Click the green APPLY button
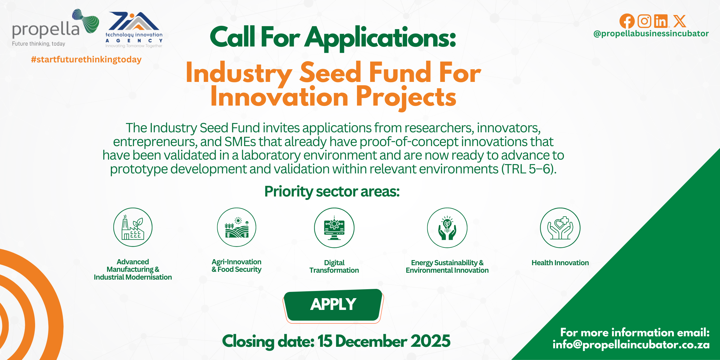[x=333, y=305]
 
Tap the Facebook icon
[x=627, y=21]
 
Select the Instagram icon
[x=644, y=21]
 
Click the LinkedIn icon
[x=661, y=21]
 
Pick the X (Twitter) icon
[x=679, y=21]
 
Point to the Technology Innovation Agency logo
[x=134, y=30]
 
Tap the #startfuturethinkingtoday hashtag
[x=86, y=59]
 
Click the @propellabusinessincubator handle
[x=651, y=34]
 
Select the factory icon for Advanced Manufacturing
[x=133, y=227]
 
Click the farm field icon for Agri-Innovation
[x=237, y=227]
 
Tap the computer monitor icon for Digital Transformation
[x=334, y=228]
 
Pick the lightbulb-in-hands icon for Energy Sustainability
[x=447, y=228]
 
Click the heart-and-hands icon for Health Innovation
[x=560, y=228]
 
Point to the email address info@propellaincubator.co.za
[x=631, y=345]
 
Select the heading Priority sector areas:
[x=332, y=192]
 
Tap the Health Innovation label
[x=560, y=263]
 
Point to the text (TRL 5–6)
[x=529, y=169]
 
